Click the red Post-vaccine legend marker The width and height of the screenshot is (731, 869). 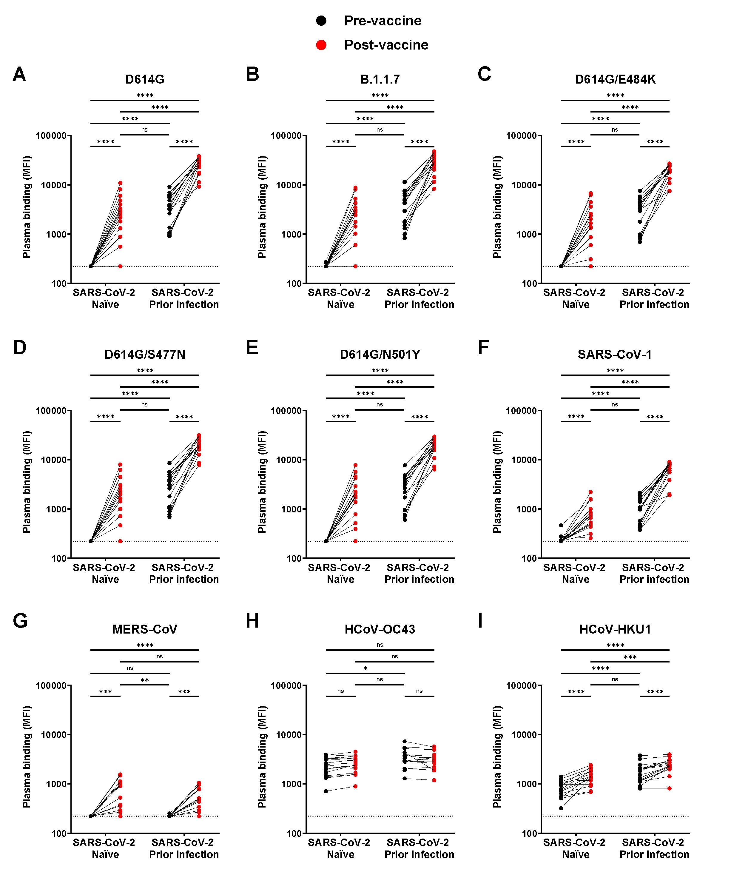pos(321,45)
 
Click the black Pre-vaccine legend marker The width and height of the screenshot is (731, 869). pos(321,21)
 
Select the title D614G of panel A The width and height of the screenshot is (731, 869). pos(145,79)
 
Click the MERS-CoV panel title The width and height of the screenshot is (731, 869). pos(145,629)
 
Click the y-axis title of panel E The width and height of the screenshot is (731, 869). pos(262,482)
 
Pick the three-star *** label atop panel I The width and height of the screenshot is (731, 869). pos(630,657)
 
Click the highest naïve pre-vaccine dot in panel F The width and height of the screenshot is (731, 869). pos(561,525)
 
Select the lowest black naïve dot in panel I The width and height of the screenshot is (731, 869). pos(561,808)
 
